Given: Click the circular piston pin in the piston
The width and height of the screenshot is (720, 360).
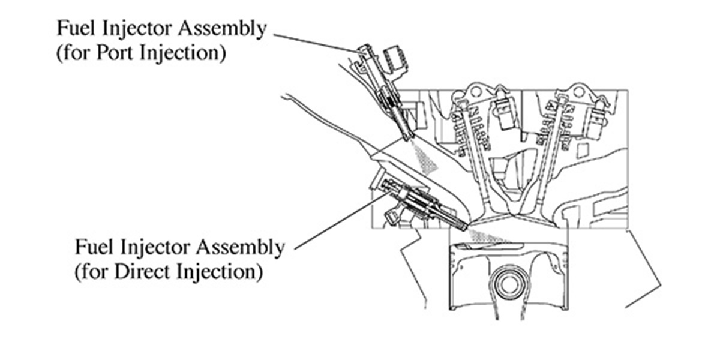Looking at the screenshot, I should click(508, 282).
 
